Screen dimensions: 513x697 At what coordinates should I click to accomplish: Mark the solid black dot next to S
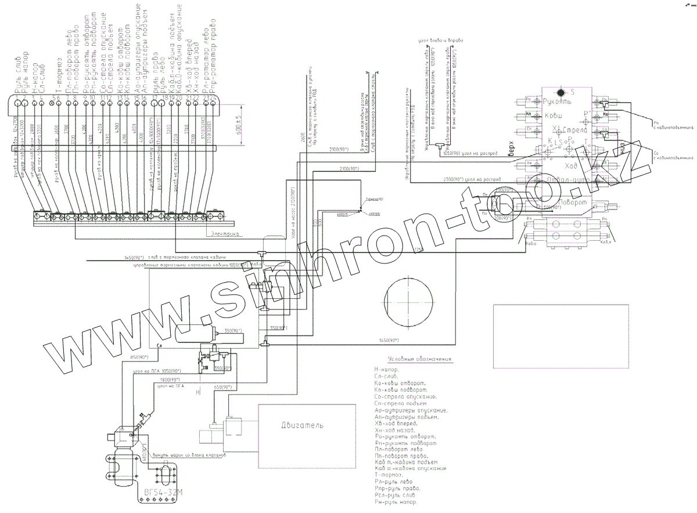tap(561, 92)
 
